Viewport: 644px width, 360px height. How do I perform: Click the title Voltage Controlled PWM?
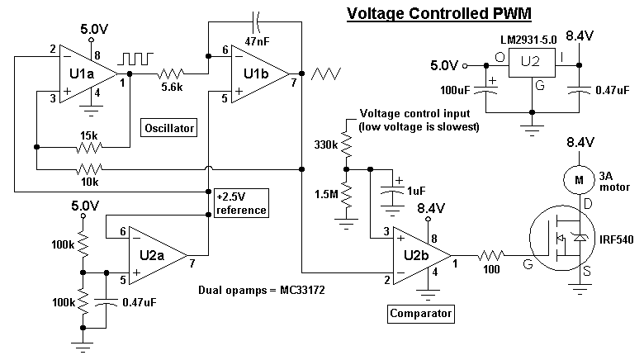(x=439, y=13)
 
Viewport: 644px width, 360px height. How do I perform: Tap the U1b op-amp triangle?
(x=260, y=74)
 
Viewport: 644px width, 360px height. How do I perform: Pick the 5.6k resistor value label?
(x=172, y=88)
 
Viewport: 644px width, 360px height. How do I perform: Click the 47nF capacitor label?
(x=257, y=41)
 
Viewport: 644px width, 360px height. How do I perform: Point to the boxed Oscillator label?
(x=168, y=128)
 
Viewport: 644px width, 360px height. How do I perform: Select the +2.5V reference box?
(x=241, y=203)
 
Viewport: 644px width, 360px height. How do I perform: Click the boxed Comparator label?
(x=420, y=314)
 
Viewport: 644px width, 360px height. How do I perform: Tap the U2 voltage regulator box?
(x=532, y=63)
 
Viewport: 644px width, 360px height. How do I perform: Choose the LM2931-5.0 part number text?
(x=528, y=40)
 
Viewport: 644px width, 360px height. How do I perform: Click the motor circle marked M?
(x=579, y=180)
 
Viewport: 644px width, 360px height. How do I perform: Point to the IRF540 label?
(x=617, y=239)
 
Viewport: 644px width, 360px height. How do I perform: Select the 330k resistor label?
(x=325, y=144)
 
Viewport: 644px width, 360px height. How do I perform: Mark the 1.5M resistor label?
(x=326, y=194)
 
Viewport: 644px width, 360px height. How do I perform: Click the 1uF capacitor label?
(x=416, y=191)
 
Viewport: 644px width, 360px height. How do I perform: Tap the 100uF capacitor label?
(x=455, y=90)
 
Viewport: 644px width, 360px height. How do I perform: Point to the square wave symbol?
(x=135, y=59)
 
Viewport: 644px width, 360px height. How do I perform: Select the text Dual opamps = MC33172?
(x=262, y=290)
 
